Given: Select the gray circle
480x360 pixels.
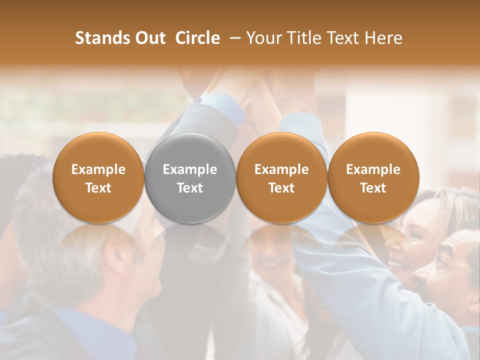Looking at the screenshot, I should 189,177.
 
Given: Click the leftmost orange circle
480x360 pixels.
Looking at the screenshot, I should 98,177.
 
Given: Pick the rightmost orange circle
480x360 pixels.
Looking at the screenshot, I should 373,177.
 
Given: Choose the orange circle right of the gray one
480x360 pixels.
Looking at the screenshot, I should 281,177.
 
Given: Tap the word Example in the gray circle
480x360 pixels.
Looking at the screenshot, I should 190,169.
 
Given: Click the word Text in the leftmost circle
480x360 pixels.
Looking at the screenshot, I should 98,188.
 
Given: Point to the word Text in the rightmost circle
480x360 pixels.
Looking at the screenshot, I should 373,188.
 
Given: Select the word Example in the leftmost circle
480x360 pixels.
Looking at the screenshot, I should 98,169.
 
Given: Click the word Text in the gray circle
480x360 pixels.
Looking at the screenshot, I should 190,188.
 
